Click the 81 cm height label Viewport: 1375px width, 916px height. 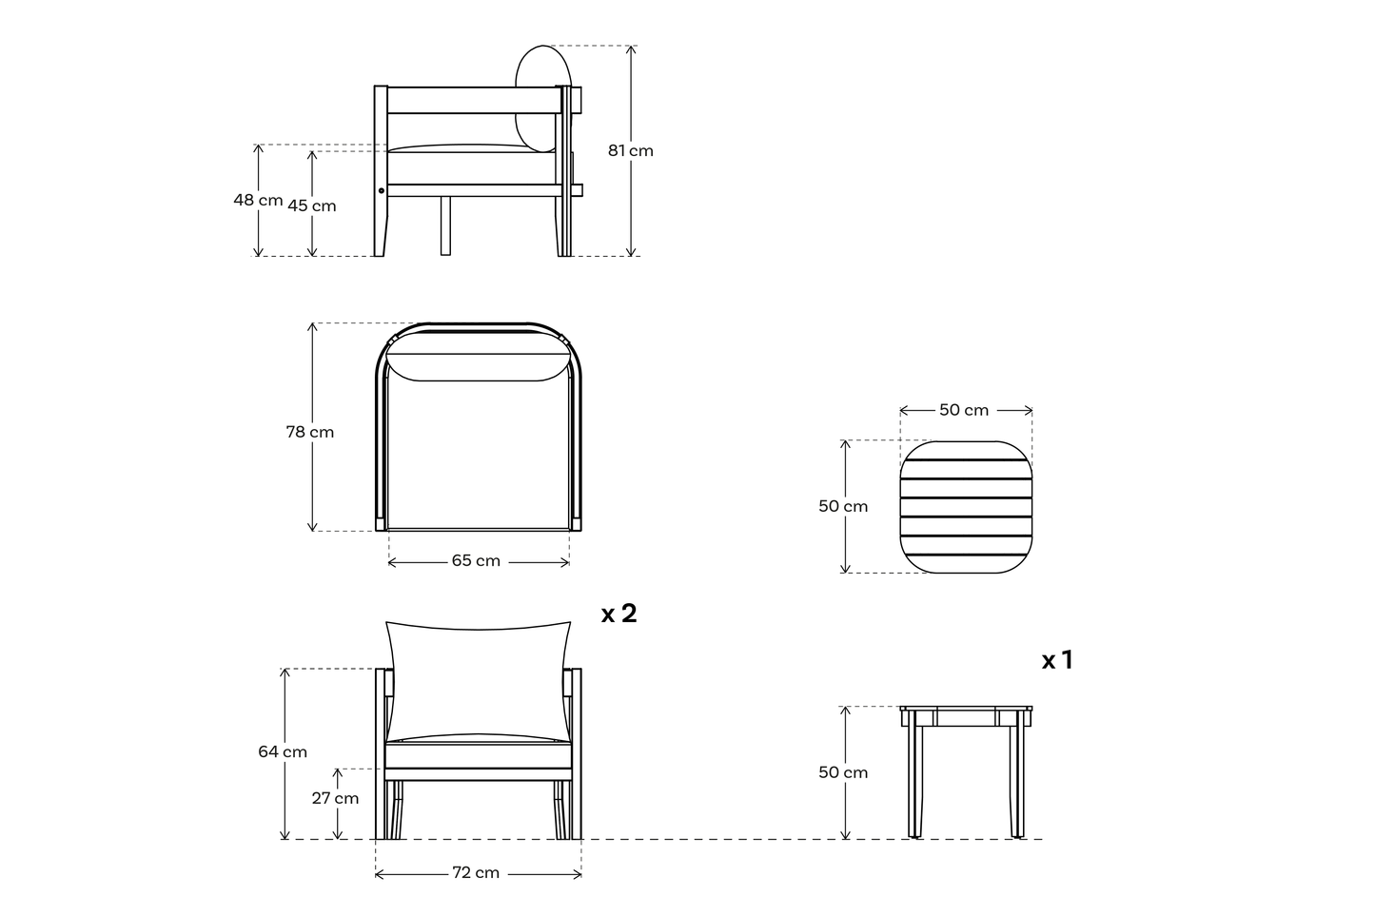tap(630, 150)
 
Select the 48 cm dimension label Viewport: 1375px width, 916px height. tap(258, 200)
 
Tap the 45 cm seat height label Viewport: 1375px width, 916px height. tap(312, 205)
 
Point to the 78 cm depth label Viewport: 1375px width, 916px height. tap(310, 432)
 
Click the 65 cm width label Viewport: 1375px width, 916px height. tap(476, 561)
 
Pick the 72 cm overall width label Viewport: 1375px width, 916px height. tap(475, 872)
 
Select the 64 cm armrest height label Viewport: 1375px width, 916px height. tap(283, 751)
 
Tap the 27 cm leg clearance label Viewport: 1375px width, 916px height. tap(336, 798)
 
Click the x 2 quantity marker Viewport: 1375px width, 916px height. tap(619, 614)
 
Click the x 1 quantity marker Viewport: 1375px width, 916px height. tap(1057, 660)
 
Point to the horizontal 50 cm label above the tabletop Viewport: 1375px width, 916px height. tap(964, 410)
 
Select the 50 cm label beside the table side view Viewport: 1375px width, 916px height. tap(843, 772)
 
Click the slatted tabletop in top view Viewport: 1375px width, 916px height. tap(966, 507)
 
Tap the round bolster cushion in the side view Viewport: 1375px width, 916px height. tap(542, 98)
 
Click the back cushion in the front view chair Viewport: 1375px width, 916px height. tap(478, 678)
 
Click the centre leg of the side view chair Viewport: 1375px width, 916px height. tap(445, 226)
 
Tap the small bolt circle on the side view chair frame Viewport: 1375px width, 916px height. tap(382, 190)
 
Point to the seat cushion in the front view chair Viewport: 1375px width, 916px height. tap(478, 756)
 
